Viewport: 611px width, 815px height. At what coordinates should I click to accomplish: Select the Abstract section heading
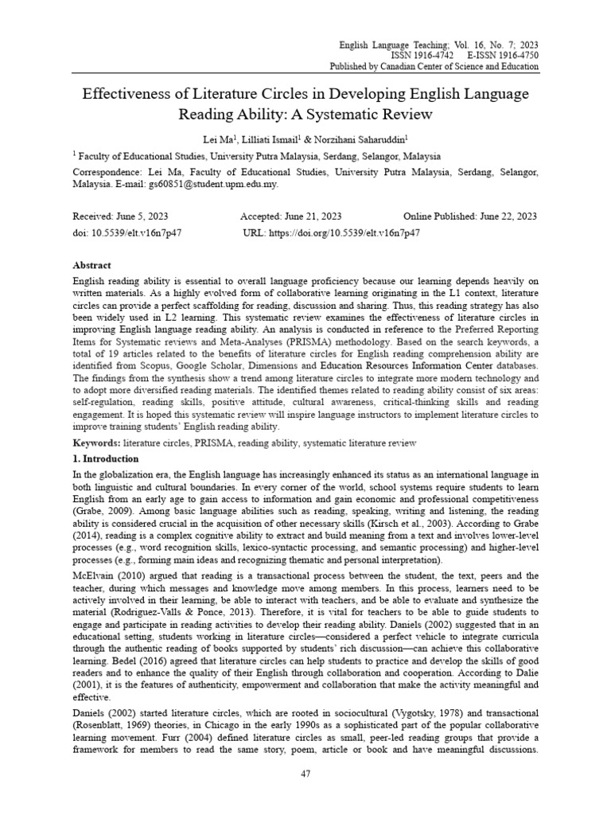click(x=91, y=265)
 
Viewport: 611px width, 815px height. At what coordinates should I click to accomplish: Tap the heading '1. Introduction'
click(x=105, y=459)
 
